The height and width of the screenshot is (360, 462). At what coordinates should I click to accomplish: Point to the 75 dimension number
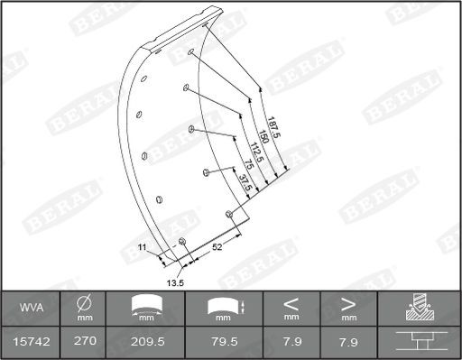(247, 169)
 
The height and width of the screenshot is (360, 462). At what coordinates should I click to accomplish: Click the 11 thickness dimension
(142, 246)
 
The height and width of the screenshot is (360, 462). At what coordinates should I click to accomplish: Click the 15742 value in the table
(32, 342)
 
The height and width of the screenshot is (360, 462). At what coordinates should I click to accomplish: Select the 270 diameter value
(84, 342)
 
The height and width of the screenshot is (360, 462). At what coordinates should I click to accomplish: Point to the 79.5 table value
(222, 342)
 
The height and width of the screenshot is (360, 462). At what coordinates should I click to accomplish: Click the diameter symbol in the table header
(84, 303)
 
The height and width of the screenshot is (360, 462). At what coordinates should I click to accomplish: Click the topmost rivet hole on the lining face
(192, 53)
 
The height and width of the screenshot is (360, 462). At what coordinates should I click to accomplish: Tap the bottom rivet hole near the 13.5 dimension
(183, 241)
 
